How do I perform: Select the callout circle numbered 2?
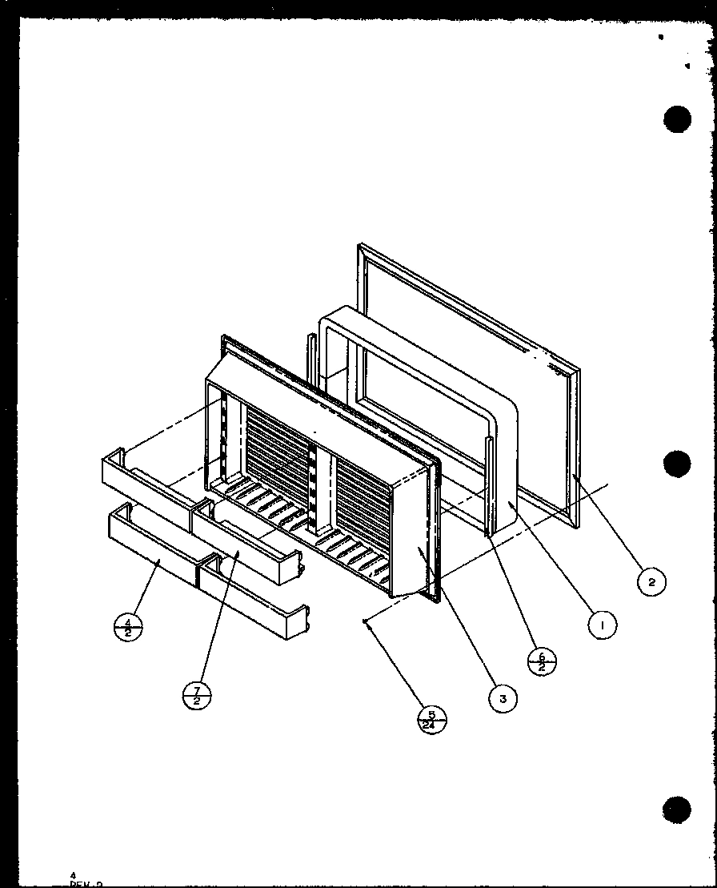tap(652, 582)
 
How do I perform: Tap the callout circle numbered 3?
tap(503, 697)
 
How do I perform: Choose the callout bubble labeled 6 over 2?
tap(542, 661)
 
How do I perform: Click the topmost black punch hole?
tap(677, 119)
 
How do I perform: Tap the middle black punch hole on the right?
tap(677, 464)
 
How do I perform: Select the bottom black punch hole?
tap(677, 810)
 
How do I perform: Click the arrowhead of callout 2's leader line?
tap(575, 476)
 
